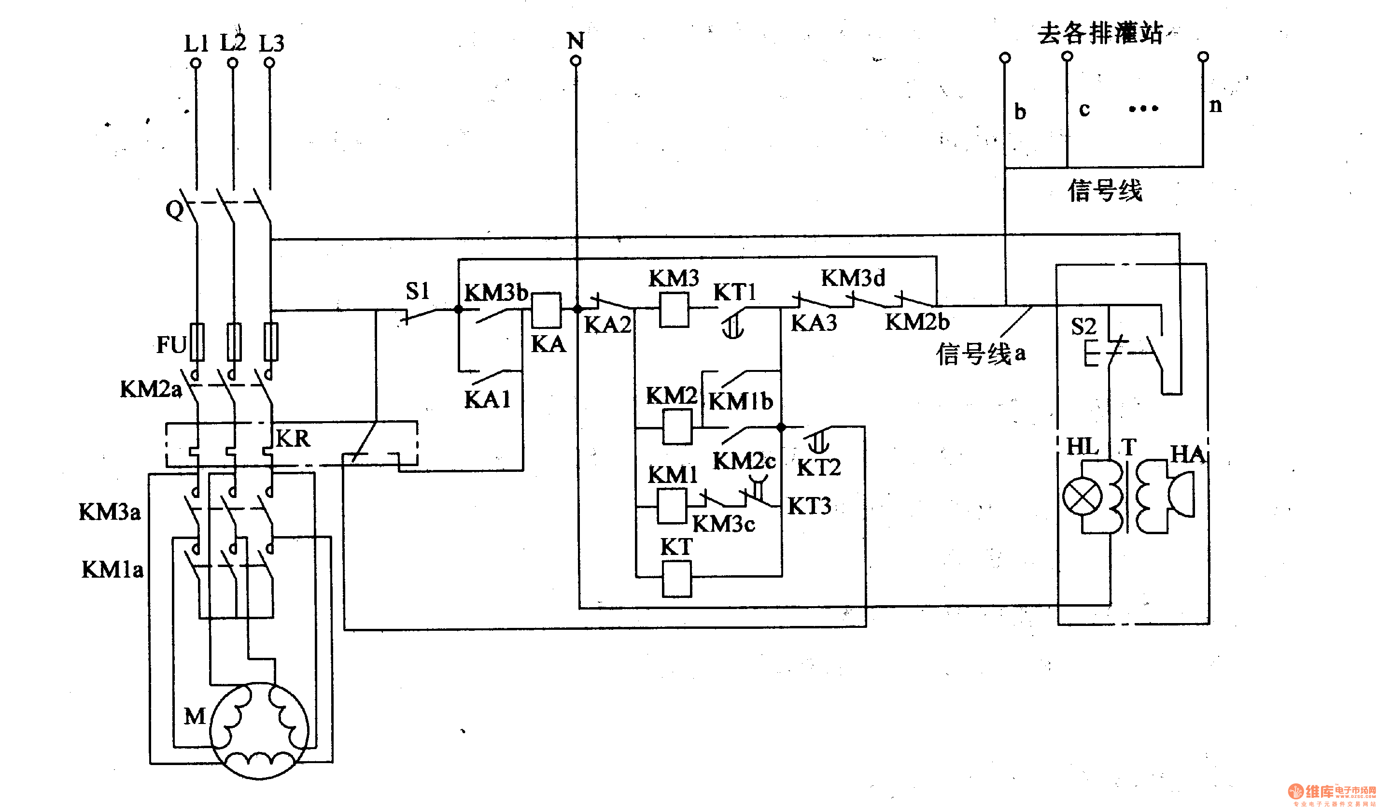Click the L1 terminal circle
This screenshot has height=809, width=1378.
tap(196, 63)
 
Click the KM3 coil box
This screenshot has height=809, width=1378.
tap(674, 310)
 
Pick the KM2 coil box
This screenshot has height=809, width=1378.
tap(677, 426)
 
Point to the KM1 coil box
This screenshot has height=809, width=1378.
tap(672, 505)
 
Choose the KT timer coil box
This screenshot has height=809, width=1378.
tap(676, 579)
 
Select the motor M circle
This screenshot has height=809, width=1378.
tap(259, 730)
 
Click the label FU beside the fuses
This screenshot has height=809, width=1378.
tap(171, 344)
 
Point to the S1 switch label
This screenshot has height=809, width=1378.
tap(417, 291)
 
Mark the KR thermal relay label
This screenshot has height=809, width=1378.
tap(293, 438)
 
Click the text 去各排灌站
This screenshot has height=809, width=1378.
tap(1100, 33)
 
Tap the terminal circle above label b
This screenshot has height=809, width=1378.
tap(1005, 57)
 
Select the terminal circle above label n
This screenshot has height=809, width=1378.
tap(1203, 57)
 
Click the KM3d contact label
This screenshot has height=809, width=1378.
tap(853, 278)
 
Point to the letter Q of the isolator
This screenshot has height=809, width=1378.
tap(174, 209)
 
